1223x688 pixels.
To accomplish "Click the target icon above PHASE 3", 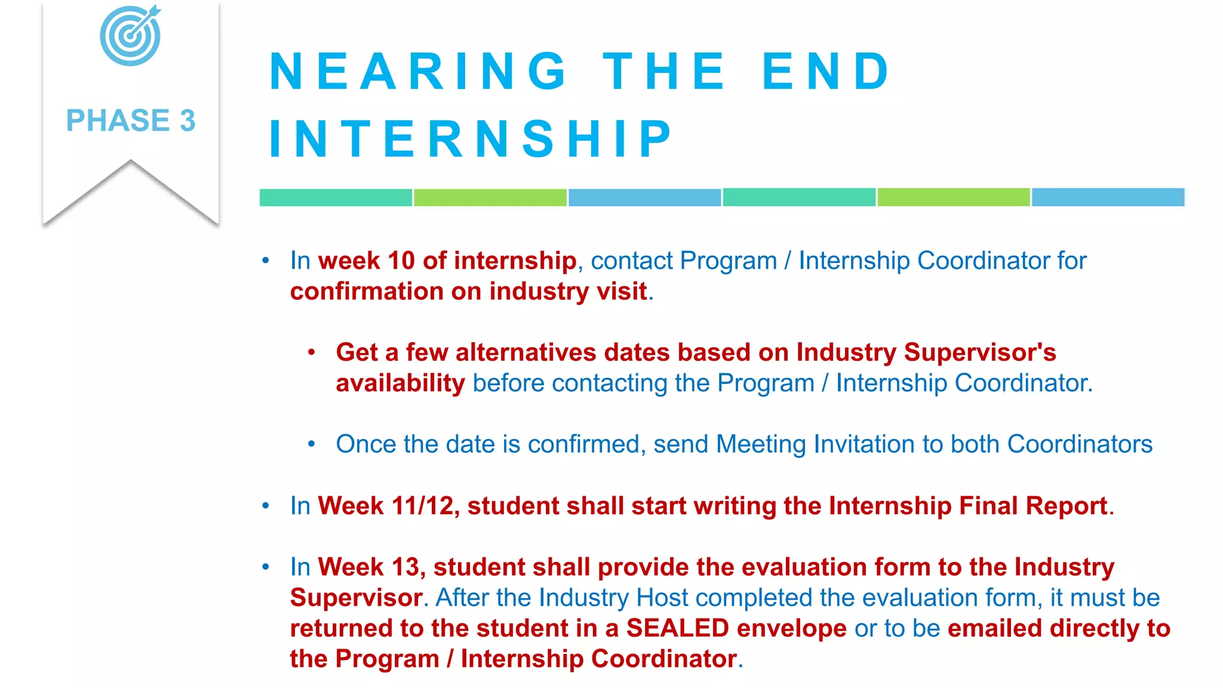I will [x=130, y=36].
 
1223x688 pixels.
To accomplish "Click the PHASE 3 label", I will [x=131, y=121].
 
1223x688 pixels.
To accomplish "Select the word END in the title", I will [x=826, y=72].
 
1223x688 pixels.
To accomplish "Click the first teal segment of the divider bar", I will [x=336, y=197].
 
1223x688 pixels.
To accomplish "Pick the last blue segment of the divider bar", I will [x=1108, y=197].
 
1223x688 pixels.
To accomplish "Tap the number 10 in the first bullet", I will [x=401, y=261].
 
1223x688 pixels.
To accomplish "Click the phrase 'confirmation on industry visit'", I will [x=469, y=291].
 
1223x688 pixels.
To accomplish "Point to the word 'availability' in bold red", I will [x=400, y=383].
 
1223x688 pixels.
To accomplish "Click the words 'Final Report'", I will [x=1033, y=506].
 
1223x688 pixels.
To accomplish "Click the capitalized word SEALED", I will [x=677, y=628].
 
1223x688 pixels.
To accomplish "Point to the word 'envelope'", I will [x=791, y=628].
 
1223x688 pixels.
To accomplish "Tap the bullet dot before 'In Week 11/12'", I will [x=266, y=506].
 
